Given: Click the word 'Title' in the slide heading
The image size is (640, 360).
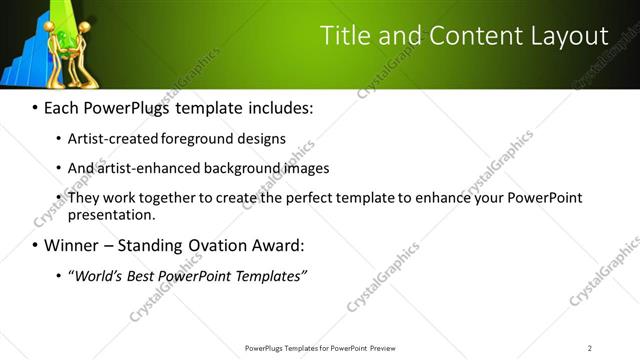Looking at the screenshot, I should click(x=344, y=35).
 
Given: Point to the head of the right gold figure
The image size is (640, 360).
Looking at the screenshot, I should click(x=84, y=26).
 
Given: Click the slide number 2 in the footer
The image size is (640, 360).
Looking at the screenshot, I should click(x=590, y=348).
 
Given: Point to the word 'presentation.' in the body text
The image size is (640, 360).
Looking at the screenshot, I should click(x=111, y=214).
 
